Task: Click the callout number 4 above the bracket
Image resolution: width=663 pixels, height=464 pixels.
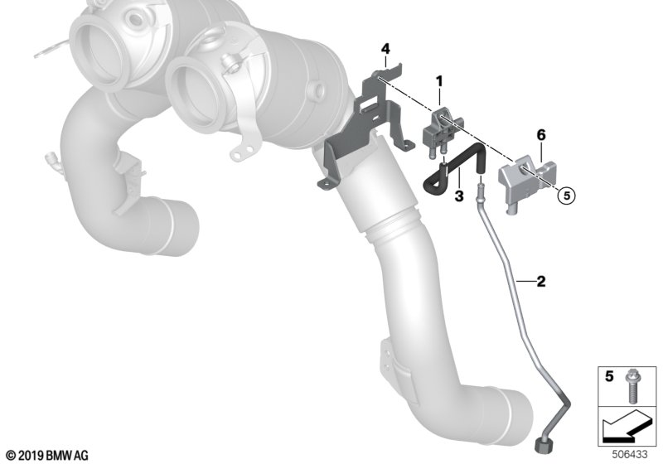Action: pos(385,49)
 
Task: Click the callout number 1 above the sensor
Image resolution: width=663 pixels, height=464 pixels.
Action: pos(440,81)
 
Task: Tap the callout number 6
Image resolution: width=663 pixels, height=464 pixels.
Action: pos(541,135)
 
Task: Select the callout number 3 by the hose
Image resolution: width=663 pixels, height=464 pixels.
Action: pos(459,196)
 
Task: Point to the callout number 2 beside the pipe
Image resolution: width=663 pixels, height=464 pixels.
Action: pos(541,281)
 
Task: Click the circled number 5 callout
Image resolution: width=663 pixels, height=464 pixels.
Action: pos(567,196)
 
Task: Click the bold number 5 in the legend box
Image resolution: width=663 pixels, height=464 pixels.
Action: pos(609,375)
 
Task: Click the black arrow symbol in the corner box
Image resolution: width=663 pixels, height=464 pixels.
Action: pos(626,427)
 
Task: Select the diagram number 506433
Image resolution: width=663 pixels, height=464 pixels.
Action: pos(630,455)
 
